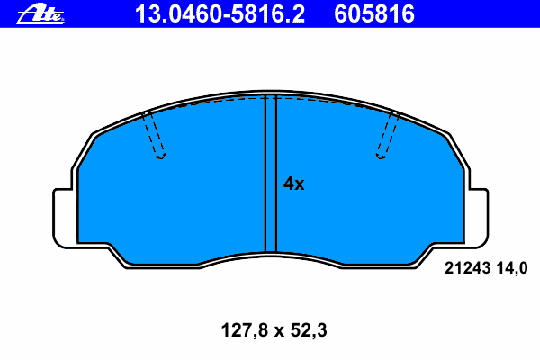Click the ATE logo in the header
(x=40, y=13)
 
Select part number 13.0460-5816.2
(x=220, y=14)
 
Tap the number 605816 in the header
(x=374, y=14)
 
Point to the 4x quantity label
(x=293, y=184)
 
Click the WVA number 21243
(x=467, y=268)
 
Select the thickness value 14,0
(x=512, y=268)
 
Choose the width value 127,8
(x=245, y=330)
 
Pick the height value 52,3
(x=309, y=330)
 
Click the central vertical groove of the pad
(x=271, y=174)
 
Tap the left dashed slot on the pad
(x=154, y=134)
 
